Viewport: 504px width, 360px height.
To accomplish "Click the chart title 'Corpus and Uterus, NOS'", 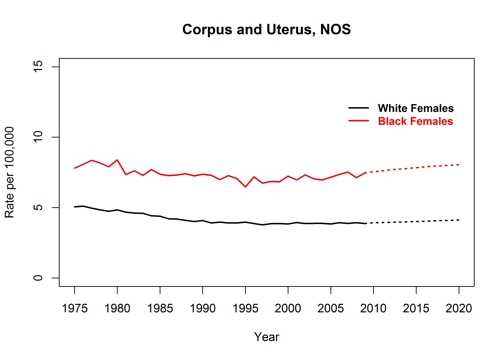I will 267,29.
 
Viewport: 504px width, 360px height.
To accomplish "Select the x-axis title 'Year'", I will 267,336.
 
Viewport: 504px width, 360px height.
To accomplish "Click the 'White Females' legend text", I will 415,108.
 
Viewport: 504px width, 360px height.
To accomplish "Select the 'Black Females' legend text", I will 415,121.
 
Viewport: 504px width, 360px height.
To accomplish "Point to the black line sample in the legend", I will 358,108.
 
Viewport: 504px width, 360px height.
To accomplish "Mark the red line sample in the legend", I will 358,121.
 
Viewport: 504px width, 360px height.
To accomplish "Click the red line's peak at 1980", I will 118,159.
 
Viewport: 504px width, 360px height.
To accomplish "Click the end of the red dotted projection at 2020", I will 459,164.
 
